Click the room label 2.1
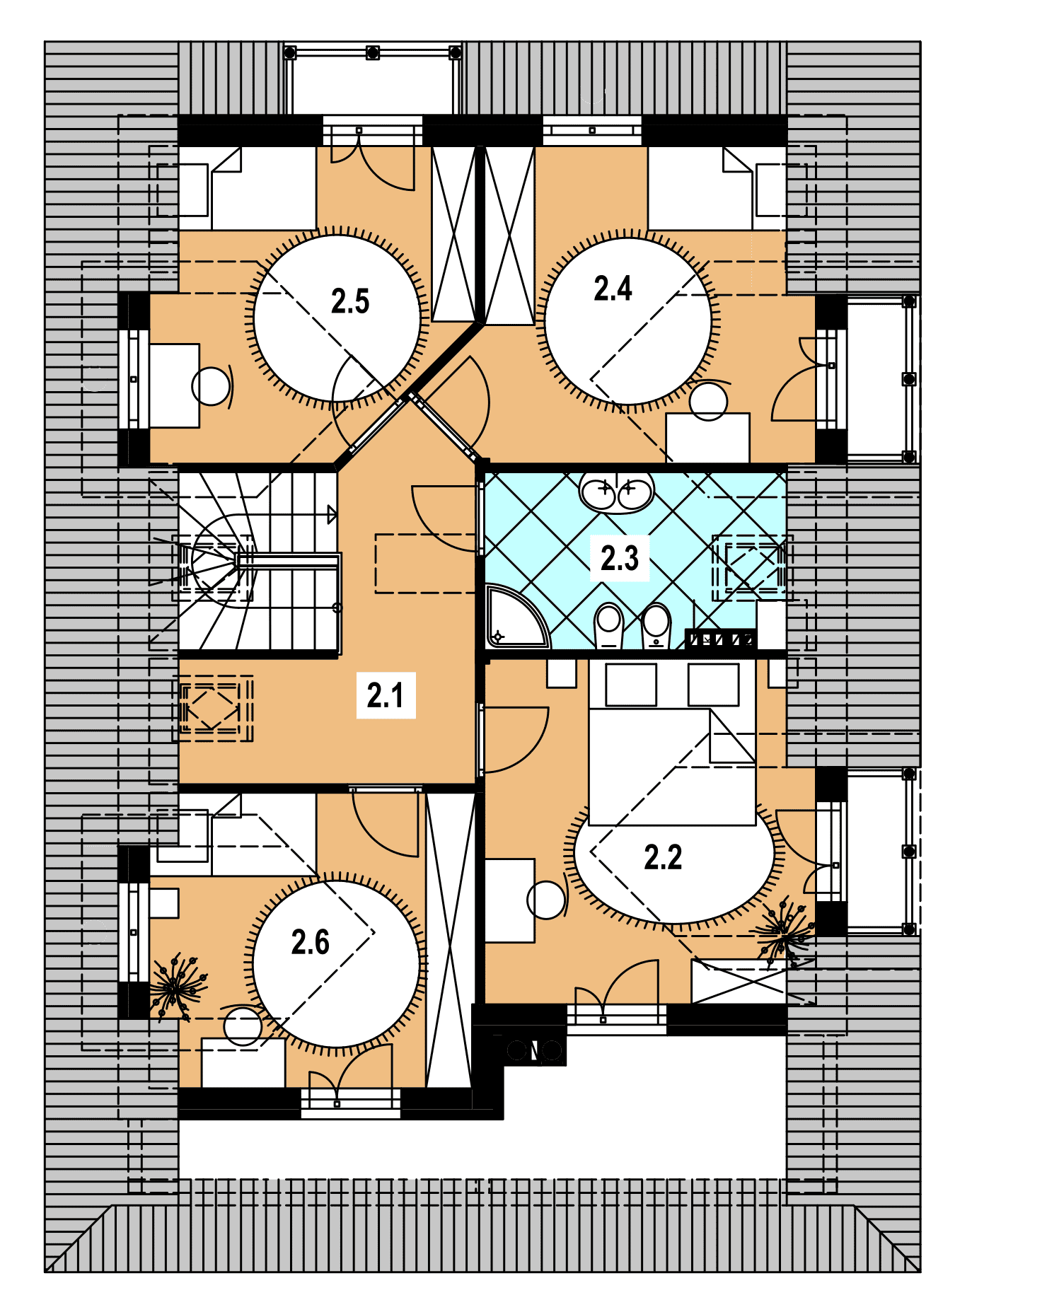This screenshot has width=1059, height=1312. click(x=386, y=695)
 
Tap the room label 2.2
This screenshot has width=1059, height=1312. click(x=663, y=857)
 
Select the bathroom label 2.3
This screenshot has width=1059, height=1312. click(x=620, y=558)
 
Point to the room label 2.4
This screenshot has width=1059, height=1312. click(x=613, y=289)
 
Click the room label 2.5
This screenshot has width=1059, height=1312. click(x=350, y=301)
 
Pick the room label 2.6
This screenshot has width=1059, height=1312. click(x=311, y=942)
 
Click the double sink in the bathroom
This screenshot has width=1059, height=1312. click(x=616, y=492)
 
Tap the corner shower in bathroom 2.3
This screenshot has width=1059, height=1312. click(x=516, y=616)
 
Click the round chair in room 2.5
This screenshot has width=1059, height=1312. click(x=211, y=387)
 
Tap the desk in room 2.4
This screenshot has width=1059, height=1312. click(x=707, y=438)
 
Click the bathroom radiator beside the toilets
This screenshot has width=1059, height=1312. click(x=720, y=639)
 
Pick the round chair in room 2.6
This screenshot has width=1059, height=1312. click(x=243, y=1026)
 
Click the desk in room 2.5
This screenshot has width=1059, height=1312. click(x=174, y=385)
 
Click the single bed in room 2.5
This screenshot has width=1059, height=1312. click(x=247, y=188)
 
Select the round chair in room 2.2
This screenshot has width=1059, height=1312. click(x=546, y=900)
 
